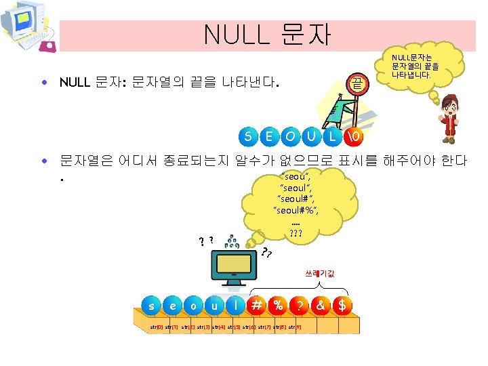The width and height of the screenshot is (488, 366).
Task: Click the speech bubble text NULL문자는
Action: click(x=415, y=57)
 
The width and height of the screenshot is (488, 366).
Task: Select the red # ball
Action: click(x=257, y=305)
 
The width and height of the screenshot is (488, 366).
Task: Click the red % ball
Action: click(x=278, y=305)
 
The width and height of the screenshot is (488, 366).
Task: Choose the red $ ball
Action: click(x=342, y=305)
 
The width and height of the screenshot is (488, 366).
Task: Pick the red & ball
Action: click(x=320, y=305)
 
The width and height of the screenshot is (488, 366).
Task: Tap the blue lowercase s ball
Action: click(x=152, y=306)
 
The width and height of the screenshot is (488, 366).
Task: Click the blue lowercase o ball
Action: click(x=194, y=306)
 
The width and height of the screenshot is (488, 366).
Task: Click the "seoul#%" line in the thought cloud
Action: click(x=296, y=210)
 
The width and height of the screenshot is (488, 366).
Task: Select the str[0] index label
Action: click(x=156, y=327)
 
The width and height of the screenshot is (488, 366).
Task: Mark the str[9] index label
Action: click(x=296, y=327)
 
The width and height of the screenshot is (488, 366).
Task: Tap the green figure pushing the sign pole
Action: click(x=339, y=109)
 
